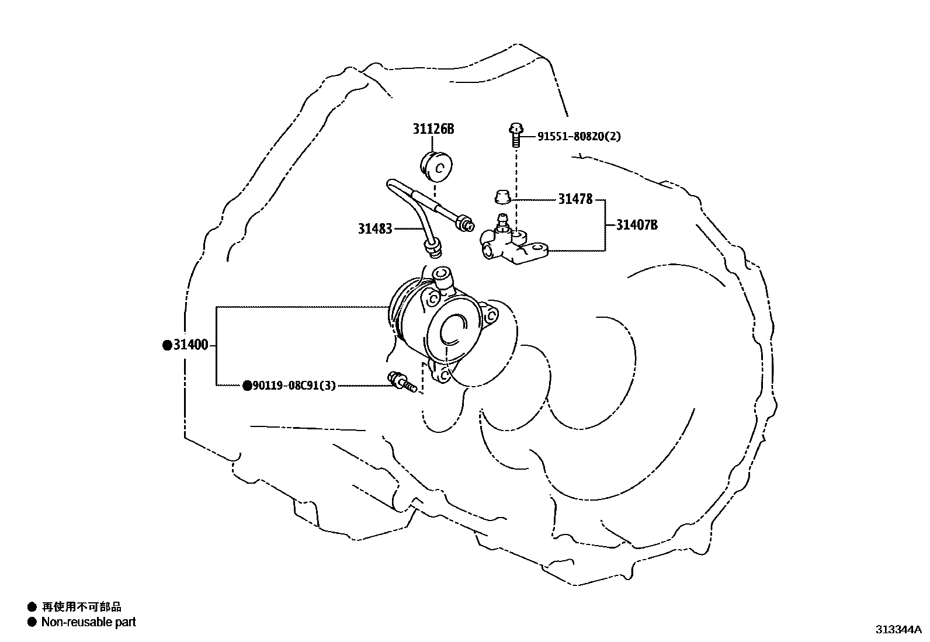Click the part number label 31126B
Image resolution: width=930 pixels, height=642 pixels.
pos(433,129)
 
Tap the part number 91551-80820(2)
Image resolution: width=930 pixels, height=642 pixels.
pos(578,137)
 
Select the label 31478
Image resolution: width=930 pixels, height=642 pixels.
pos(575,199)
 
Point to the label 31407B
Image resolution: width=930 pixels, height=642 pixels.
pos(637,225)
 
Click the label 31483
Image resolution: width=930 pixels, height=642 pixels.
pos(375,229)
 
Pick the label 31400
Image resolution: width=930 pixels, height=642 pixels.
pos(190,345)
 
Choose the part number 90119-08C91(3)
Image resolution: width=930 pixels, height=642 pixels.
pos(294,386)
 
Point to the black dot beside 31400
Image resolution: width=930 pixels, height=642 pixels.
pos(166,345)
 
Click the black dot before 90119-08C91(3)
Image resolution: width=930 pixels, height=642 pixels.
pos(248,386)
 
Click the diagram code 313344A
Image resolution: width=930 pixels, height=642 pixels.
pos(897,630)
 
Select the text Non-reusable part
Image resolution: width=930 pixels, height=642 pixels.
pos(88,622)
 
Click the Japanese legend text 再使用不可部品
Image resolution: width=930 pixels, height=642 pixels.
pos(82,607)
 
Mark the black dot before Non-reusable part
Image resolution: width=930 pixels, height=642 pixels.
pos(32,622)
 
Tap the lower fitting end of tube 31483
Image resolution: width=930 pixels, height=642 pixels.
pos(434,249)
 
